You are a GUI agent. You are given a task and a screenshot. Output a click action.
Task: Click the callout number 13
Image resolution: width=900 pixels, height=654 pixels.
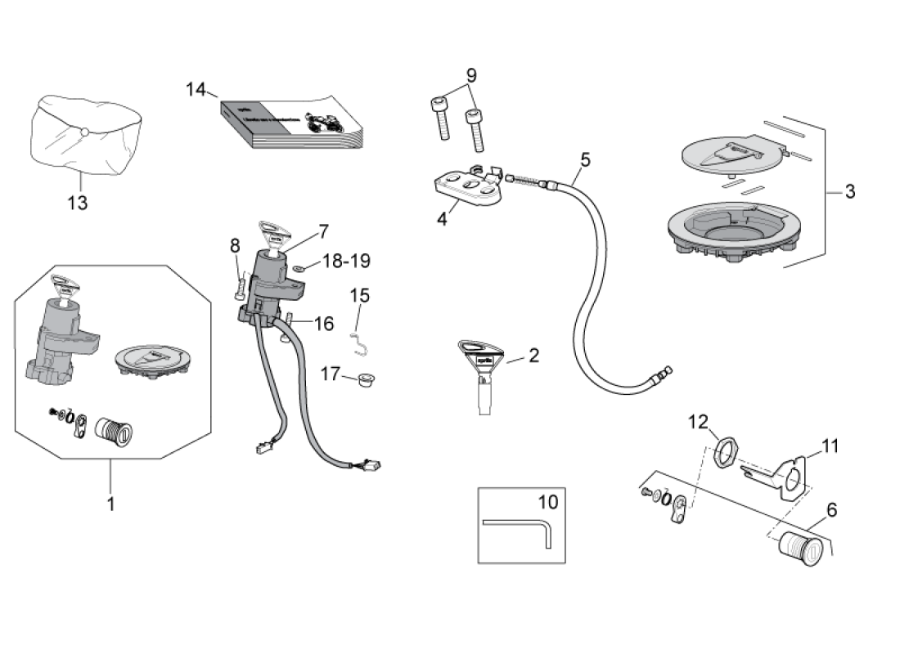tap(78, 203)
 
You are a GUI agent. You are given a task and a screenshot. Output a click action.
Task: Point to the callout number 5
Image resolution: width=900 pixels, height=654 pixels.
tap(584, 158)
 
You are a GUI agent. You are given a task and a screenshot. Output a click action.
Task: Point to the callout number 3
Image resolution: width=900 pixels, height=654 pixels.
tap(850, 192)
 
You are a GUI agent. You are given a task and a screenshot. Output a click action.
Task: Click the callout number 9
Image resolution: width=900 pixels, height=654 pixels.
tap(471, 76)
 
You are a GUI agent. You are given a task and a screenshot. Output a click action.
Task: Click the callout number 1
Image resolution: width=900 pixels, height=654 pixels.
tap(110, 503)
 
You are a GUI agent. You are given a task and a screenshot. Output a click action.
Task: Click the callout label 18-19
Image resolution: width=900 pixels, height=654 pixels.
tap(346, 261)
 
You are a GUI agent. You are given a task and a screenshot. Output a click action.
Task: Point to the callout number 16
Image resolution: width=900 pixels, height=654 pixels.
tap(324, 324)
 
